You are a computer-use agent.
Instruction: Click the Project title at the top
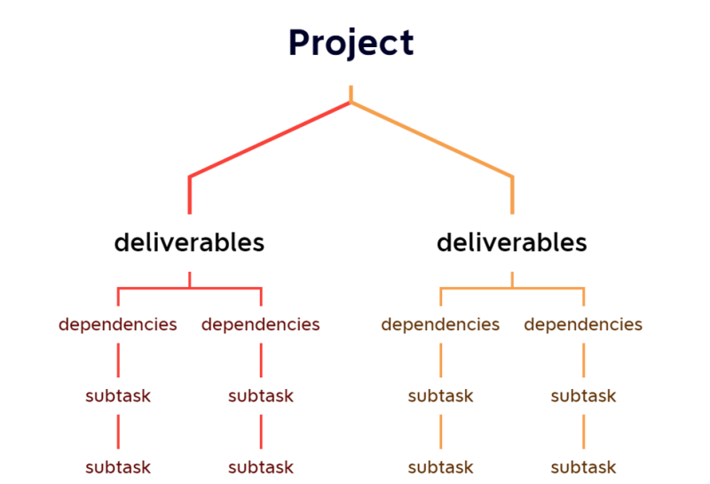tap(351, 43)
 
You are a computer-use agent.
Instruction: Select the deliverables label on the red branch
tap(189, 242)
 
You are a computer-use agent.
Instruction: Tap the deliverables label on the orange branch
tap(512, 242)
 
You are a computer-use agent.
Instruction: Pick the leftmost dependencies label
tap(118, 324)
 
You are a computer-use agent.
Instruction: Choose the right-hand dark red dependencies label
tap(261, 324)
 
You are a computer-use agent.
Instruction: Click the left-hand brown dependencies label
tap(441, 324)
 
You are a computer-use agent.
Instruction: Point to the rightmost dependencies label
tap(583, 324)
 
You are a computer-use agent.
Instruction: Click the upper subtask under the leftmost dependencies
tap(118, 396)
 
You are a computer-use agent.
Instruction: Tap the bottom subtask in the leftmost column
tap(118, 467)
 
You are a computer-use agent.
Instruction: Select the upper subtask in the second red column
tap(261, 396)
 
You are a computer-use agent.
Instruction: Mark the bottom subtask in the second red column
tap(261, 467)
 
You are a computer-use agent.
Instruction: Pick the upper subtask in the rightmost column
tap(583, 396)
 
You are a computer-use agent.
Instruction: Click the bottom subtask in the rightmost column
tap(583, 467)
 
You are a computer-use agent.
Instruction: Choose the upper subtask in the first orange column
tap(441, 396)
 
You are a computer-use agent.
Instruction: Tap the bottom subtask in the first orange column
tap(441, 467)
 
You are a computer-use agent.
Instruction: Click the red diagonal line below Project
tap(271, 139)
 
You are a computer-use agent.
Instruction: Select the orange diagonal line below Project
tap(432, 139)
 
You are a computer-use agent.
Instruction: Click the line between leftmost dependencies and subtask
tap(118, 360)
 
